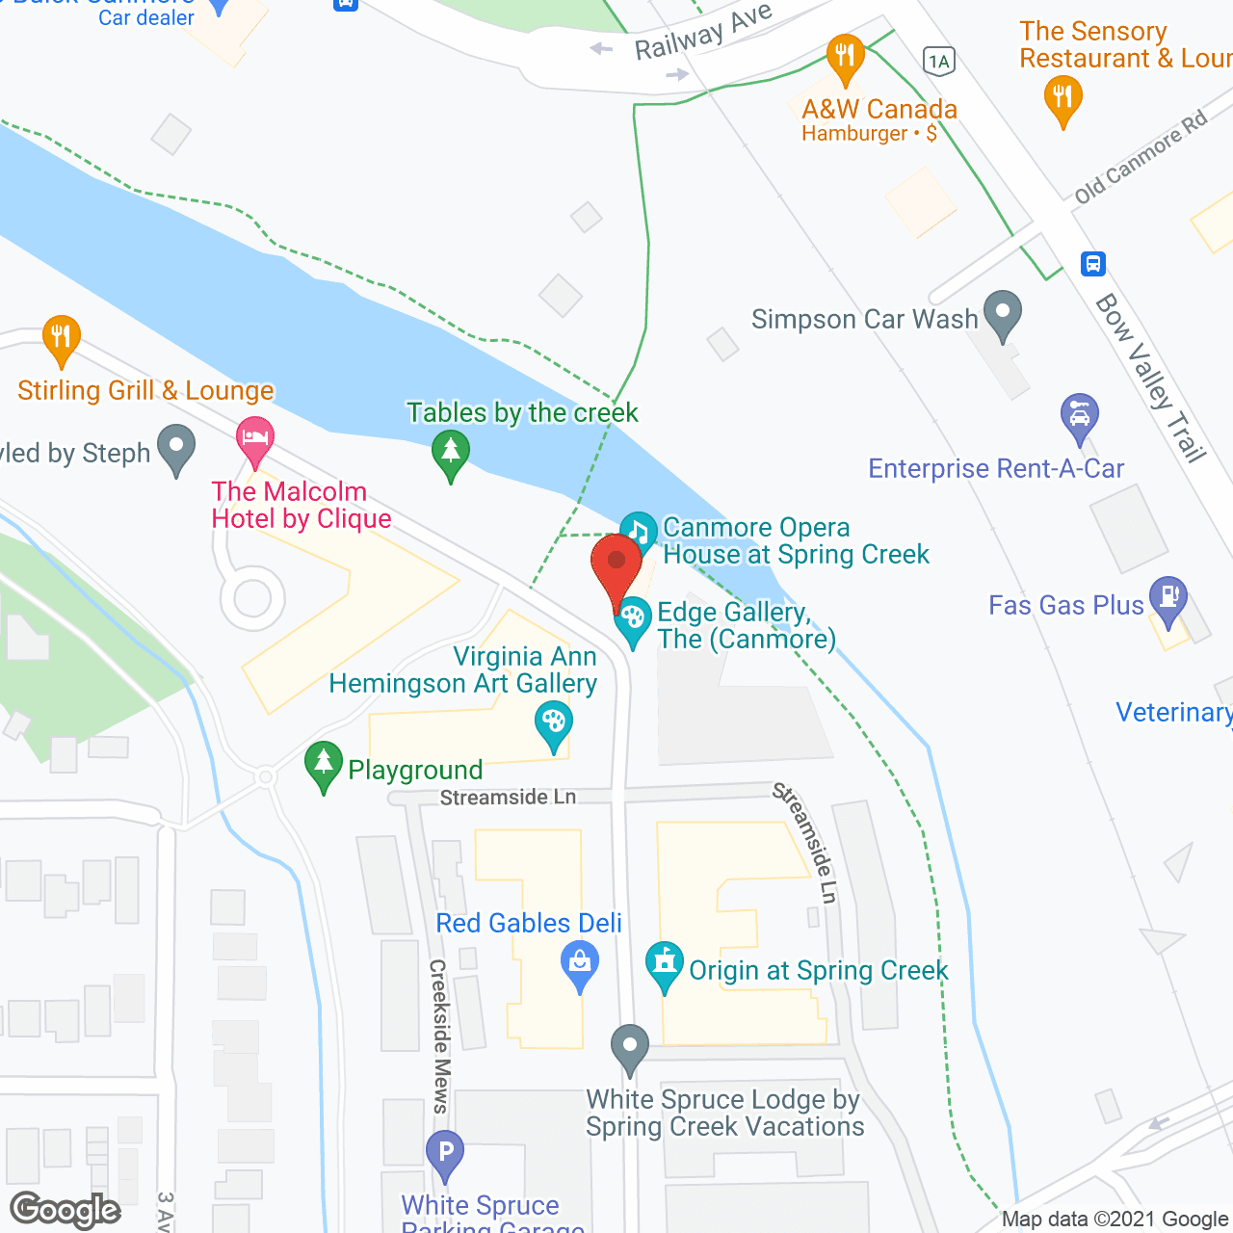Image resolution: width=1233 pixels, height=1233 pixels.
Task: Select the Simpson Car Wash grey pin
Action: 1003,313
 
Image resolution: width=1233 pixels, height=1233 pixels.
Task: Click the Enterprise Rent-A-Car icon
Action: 1079,417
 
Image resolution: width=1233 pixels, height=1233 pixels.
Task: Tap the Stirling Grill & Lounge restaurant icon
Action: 62,338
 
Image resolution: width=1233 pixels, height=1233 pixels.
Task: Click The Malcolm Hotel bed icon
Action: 254,439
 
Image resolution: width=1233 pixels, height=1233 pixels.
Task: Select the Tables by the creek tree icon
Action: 450,452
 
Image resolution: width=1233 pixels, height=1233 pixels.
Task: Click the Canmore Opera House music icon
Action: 638,531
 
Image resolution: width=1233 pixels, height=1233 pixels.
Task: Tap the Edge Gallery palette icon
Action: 633,617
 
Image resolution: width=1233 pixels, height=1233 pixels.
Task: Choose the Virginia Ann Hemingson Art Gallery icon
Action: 553,723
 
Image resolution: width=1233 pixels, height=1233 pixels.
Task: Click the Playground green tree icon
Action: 324,764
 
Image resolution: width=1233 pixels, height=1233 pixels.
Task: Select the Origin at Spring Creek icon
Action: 665,964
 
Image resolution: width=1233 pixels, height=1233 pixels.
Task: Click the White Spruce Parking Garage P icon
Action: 445,1152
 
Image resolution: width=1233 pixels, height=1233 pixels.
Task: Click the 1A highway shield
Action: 938,62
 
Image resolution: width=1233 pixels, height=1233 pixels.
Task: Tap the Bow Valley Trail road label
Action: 1150,378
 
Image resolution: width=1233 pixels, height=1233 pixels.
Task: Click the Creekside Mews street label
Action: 439,1036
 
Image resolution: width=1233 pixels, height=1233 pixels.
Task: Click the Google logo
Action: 66,1210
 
